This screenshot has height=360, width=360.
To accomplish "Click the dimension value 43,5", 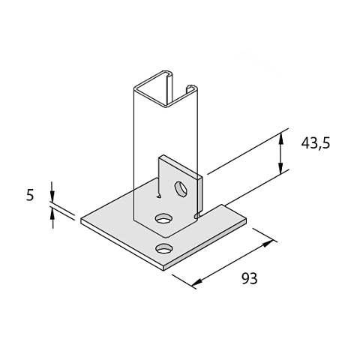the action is tap(316, 144).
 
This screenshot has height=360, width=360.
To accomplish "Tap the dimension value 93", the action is tap(249, 278).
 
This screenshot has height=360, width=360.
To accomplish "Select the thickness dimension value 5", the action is tap(30, 195).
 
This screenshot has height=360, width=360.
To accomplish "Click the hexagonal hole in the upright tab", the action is tap(181, 189).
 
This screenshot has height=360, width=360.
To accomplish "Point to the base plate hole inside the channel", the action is tap(164, 218).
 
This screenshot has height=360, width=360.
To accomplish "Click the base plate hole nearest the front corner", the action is tap(164, 248).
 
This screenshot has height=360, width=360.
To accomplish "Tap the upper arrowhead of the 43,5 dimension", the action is tap(281, 139).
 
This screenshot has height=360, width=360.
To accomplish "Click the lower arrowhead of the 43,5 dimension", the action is tap(281, 168).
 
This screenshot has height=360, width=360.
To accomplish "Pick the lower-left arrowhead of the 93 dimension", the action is tap(197, 283).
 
